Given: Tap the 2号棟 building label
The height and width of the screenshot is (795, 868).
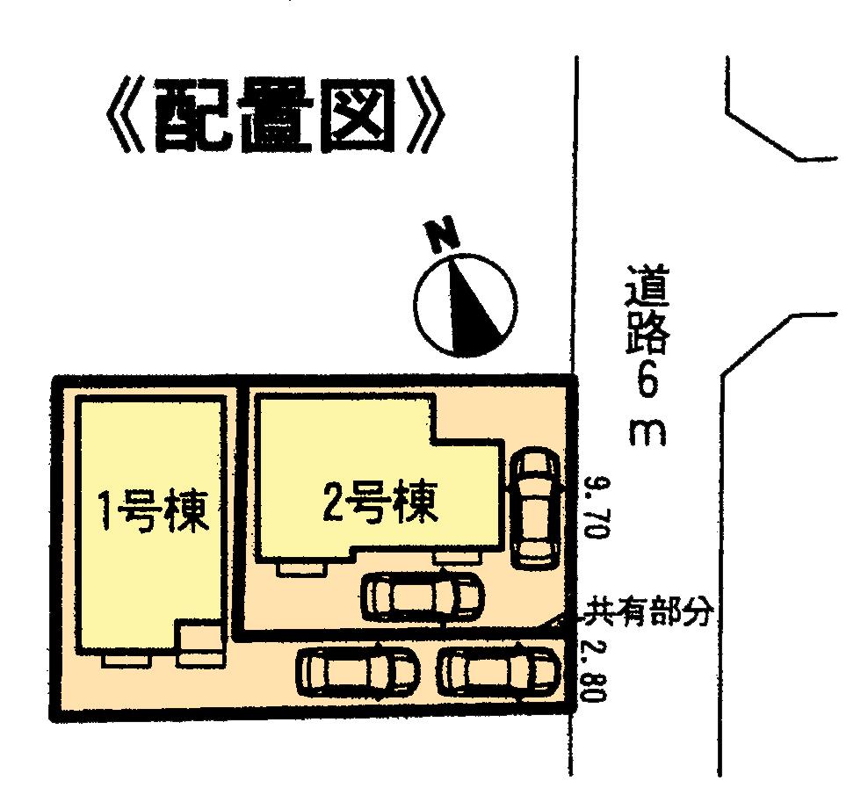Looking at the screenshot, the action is coord(380,504).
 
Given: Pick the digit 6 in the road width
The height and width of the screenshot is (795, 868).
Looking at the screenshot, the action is coord(648,384).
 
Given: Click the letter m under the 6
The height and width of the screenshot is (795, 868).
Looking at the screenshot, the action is coord(648,433).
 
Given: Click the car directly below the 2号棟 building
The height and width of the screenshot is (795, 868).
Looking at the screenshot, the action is coord(422,596).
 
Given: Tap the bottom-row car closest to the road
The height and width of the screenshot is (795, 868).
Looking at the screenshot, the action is coord(499,672).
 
